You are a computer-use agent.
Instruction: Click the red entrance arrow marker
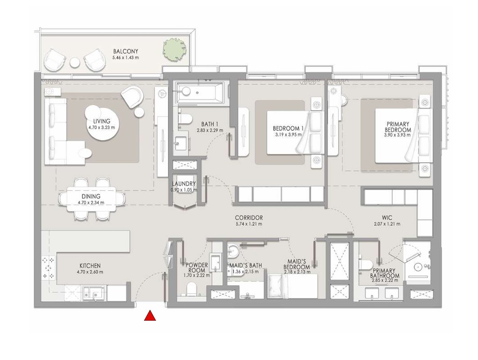(x=150, y=317)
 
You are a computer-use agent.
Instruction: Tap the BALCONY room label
(x=125, y=51)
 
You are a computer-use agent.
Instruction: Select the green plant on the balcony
(x=171, y=47)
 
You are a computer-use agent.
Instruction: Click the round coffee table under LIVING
(x=101, y=124)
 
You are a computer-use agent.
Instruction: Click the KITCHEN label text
(x=90, y=266)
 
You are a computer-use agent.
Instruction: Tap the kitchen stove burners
(x=48, y=269)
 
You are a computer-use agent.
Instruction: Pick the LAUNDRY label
(x=184, y=184)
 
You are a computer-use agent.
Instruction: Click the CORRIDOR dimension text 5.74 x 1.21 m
(x=249, y=224)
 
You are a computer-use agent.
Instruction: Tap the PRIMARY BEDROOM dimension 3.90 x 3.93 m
(x=398, y=135)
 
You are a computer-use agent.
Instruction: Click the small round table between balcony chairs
(x=75, y=62)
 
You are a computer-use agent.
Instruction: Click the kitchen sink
(x=93, y=294)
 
